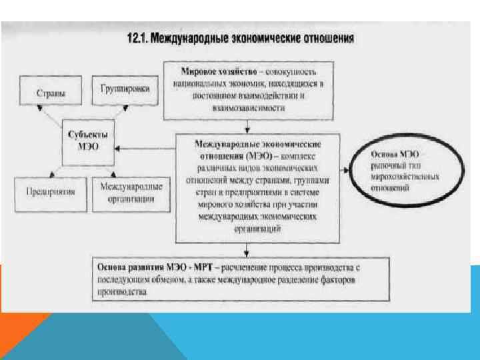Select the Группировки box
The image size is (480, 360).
point(130,89)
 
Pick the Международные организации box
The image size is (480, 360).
point(130,193)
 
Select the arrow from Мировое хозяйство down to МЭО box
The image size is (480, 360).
point(247,126)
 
